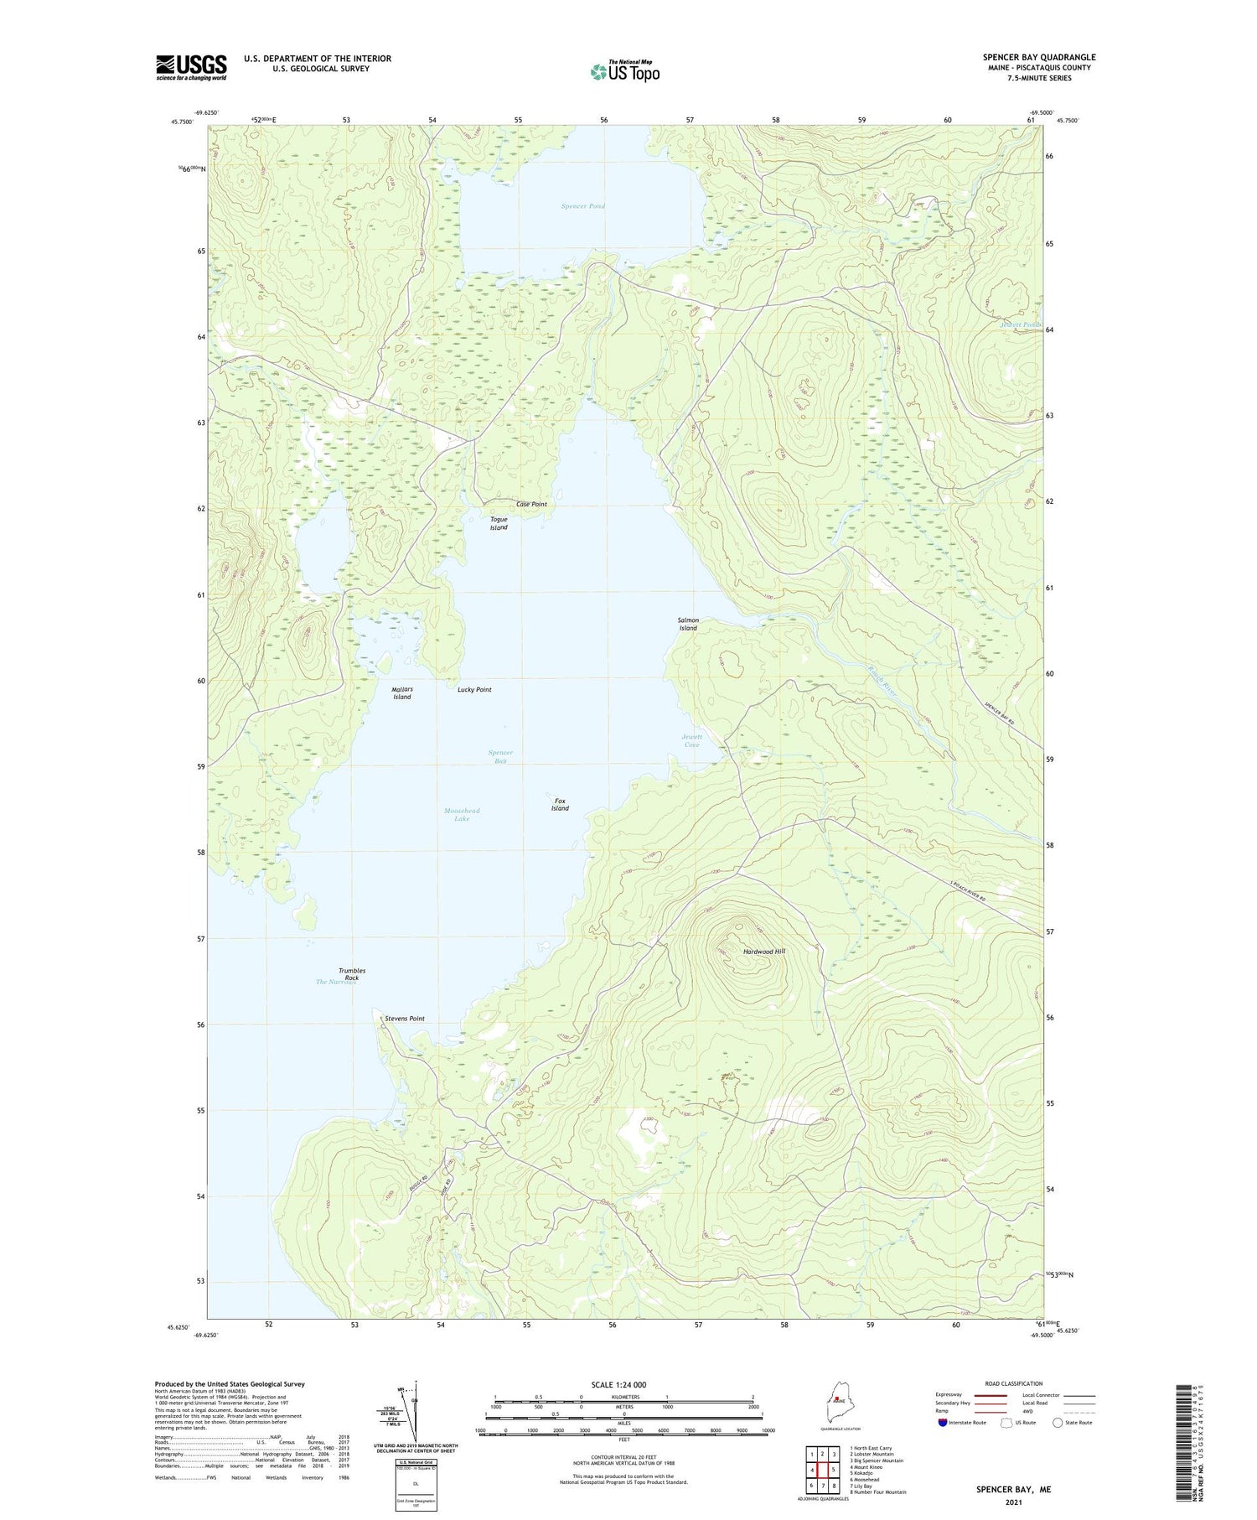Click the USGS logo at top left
tap(191, 67)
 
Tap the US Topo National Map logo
tap(624, 71)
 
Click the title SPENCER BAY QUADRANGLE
tap(1038, 57)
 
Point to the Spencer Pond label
tap(583, 206)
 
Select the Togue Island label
tap(499, 523)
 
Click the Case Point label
tap(531, 505)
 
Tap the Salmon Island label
tap(688, 624)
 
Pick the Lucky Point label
tap(474, 690)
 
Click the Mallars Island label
tap(402, 693)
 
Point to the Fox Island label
tap(560, 805)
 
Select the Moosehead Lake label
tap(462, 815)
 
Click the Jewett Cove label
tap(691, 740)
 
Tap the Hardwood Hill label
tap(764, 952)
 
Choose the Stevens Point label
tap(405, 1019)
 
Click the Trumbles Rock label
tap(352, 974)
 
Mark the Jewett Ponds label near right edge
tap(1020, 325)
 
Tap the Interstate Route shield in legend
tap(944, 1423)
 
